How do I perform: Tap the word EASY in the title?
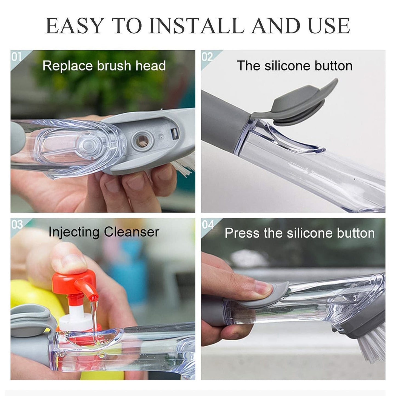point(74,26)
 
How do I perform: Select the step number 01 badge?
point(16,57)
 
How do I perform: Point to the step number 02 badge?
point(207,57)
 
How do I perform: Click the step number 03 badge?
point(17,224)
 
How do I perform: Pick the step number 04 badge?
point(208,224)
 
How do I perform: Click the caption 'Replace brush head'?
point(104,66)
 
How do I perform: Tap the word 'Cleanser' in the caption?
point(132,232)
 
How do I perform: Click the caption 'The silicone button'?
point(295,66)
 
